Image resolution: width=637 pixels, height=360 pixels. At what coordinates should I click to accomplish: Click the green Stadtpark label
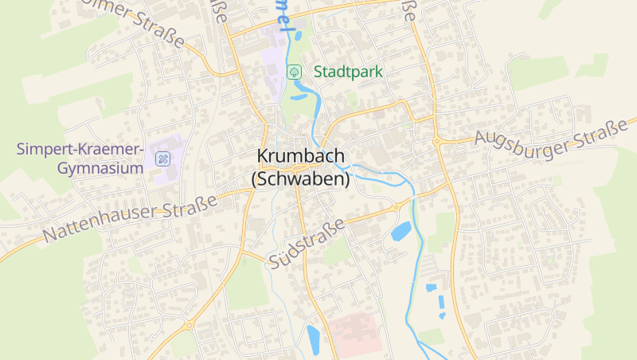(348, 72)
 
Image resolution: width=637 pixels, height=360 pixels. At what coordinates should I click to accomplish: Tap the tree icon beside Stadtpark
(295, 72)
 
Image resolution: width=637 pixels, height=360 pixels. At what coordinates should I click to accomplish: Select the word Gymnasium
(100, 168)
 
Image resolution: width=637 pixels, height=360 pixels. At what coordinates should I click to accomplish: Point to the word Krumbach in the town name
(301, 157)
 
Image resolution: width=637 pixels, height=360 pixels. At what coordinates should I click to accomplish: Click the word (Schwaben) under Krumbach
(301, 180)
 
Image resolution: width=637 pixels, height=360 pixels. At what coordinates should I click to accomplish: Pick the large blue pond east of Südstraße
(401, 231)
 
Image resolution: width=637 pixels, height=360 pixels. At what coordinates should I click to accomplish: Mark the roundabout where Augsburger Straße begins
(437, 142)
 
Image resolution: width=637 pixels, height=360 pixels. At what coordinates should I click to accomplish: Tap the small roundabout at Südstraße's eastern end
(396, 207)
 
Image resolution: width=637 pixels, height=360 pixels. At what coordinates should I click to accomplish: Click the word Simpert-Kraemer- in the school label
(80, 149)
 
